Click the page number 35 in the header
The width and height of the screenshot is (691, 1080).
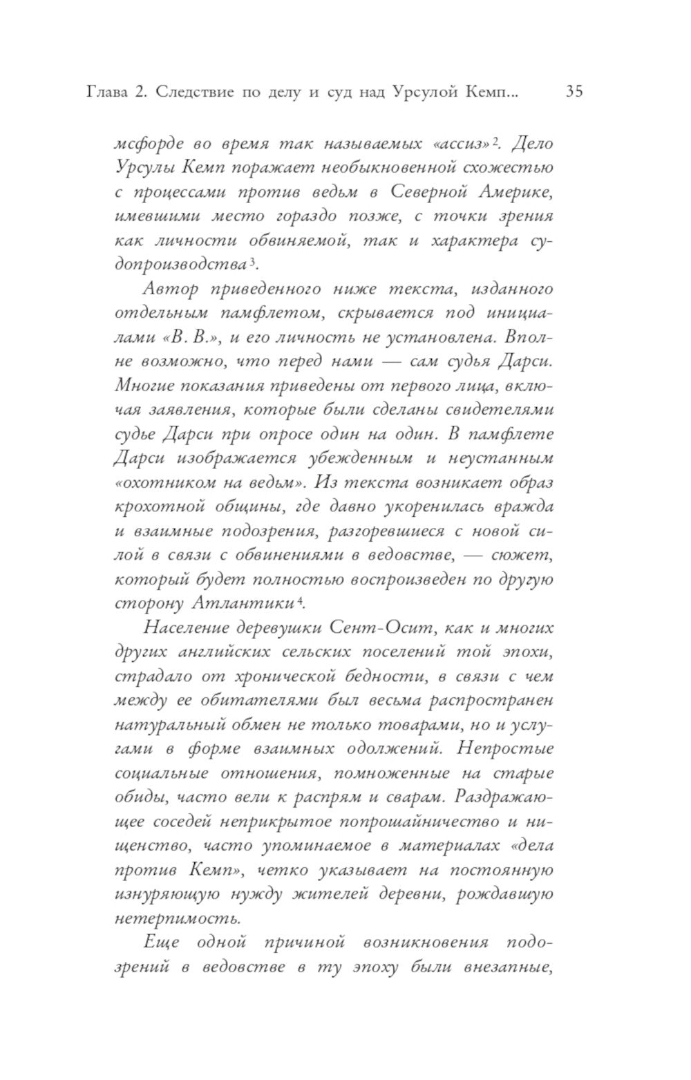pyautogui.click(x=574, y=91)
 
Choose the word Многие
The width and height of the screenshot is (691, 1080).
pyautogui.click(x=146, y=385)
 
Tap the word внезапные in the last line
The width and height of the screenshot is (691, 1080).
pyautogui.click(x=509, y=967)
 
